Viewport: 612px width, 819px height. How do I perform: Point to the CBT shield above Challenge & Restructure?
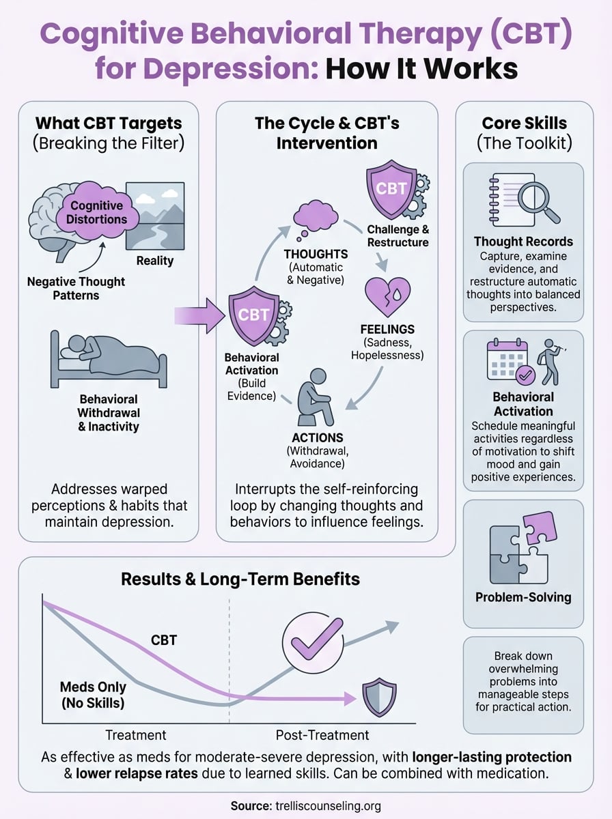click(x=391, y=188)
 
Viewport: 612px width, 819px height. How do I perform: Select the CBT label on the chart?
click(x=164, y=640)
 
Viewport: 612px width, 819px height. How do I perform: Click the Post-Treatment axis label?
click(x=322, y=735)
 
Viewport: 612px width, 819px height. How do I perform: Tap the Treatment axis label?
click(x=135, y=735)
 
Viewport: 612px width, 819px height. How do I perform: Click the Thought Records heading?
click(x=523, y=242)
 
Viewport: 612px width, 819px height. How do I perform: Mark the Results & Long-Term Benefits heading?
click(x=240, y=579)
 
